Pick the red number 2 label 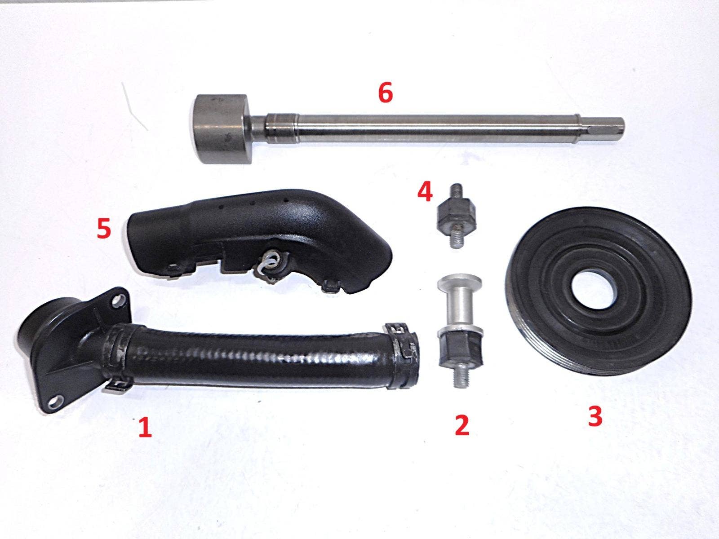pos(462,425)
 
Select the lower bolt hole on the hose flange pos(56,400)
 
